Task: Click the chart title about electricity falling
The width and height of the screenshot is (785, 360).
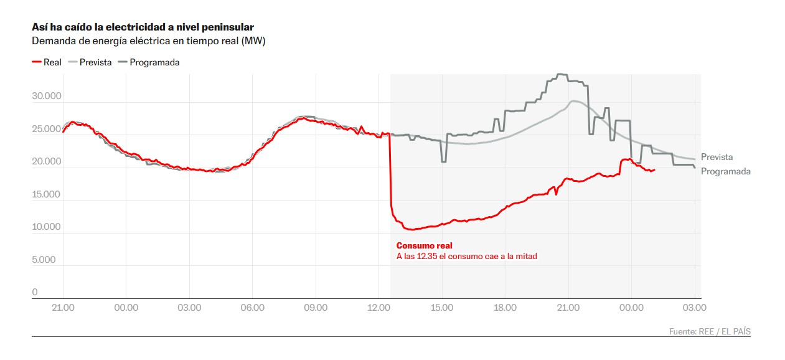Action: [x=143, y=27]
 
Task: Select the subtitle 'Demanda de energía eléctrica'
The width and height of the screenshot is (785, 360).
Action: [x=149, y=41]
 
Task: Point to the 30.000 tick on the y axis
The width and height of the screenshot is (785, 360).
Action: [x=47, y=97]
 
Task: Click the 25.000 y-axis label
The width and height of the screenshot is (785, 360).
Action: [x=47, y=129]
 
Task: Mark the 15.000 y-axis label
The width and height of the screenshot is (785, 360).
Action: [x=47, y=194]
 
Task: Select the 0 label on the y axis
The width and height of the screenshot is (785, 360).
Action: [x=35, y=292]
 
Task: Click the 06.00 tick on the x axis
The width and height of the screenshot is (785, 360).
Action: [x=252, y=308]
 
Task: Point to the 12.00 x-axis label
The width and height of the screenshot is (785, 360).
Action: [x=378, y=308]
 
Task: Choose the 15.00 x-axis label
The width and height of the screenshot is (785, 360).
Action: [x=441, y=308]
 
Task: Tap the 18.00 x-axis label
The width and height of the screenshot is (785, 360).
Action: [x=505, y=308]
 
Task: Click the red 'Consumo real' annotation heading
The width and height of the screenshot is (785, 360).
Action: [x=425, y=245]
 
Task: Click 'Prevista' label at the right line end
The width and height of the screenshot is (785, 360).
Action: [x=717, y=158]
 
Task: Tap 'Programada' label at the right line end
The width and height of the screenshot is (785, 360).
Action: [x=725, y=171]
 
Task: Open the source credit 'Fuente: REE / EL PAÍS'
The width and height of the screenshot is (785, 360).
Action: [x=710, y=332]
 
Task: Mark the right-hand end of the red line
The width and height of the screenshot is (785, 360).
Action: [x=654, y=169]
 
